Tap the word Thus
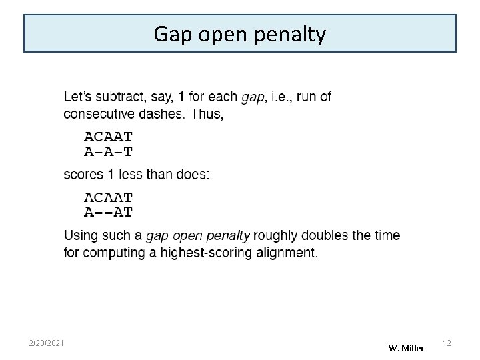click(206, 114)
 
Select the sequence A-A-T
click(108, 152)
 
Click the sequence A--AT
click(108, 213)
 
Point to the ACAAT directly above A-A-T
click(108, 137)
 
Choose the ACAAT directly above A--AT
click(108, 198)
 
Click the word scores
click(83, 175)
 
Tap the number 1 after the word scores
click(110, 175)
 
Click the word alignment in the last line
click(286, 253)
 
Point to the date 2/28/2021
click(47, 343)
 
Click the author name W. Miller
click(406, 348)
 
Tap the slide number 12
click(447, 343)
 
